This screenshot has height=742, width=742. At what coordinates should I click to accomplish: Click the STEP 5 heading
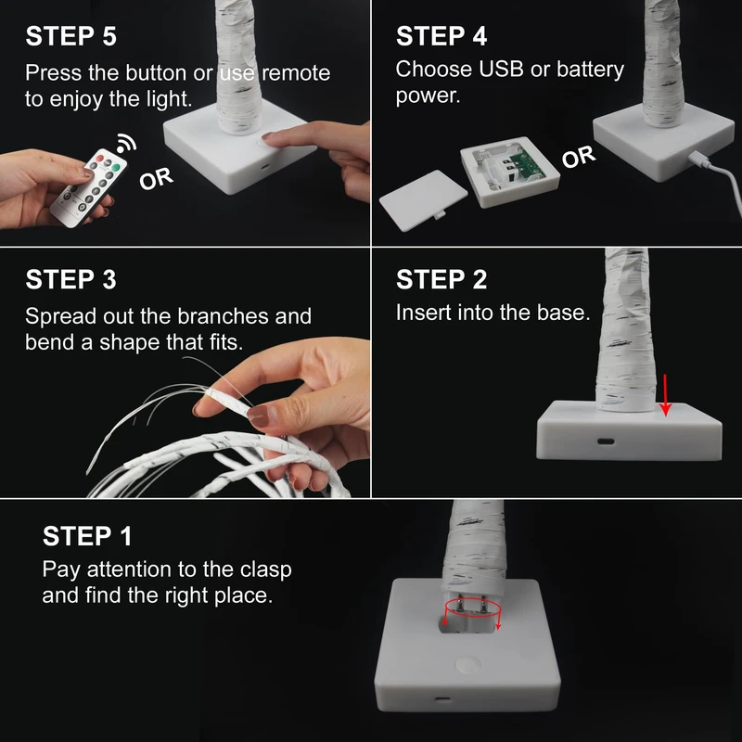71,36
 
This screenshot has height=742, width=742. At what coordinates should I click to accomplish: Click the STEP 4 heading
441,36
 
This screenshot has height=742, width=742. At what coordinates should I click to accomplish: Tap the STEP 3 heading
71,279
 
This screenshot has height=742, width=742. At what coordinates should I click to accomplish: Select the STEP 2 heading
441,279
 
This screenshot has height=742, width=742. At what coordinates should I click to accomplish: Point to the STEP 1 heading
87,536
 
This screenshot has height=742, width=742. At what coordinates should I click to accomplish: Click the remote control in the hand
88,188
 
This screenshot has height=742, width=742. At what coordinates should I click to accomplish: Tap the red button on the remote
100,158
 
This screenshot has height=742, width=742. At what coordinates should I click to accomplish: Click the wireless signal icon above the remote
126,144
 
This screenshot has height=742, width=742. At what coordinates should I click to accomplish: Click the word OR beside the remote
156,179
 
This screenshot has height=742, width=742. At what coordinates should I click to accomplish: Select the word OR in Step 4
578,157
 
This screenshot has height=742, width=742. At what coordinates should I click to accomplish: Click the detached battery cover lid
423,200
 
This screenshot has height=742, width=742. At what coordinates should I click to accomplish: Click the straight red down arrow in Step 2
665,395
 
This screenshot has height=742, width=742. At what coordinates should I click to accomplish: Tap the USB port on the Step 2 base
606,441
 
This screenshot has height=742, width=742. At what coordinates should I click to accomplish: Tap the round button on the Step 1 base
467,664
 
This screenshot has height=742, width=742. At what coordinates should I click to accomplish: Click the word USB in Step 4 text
501,69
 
